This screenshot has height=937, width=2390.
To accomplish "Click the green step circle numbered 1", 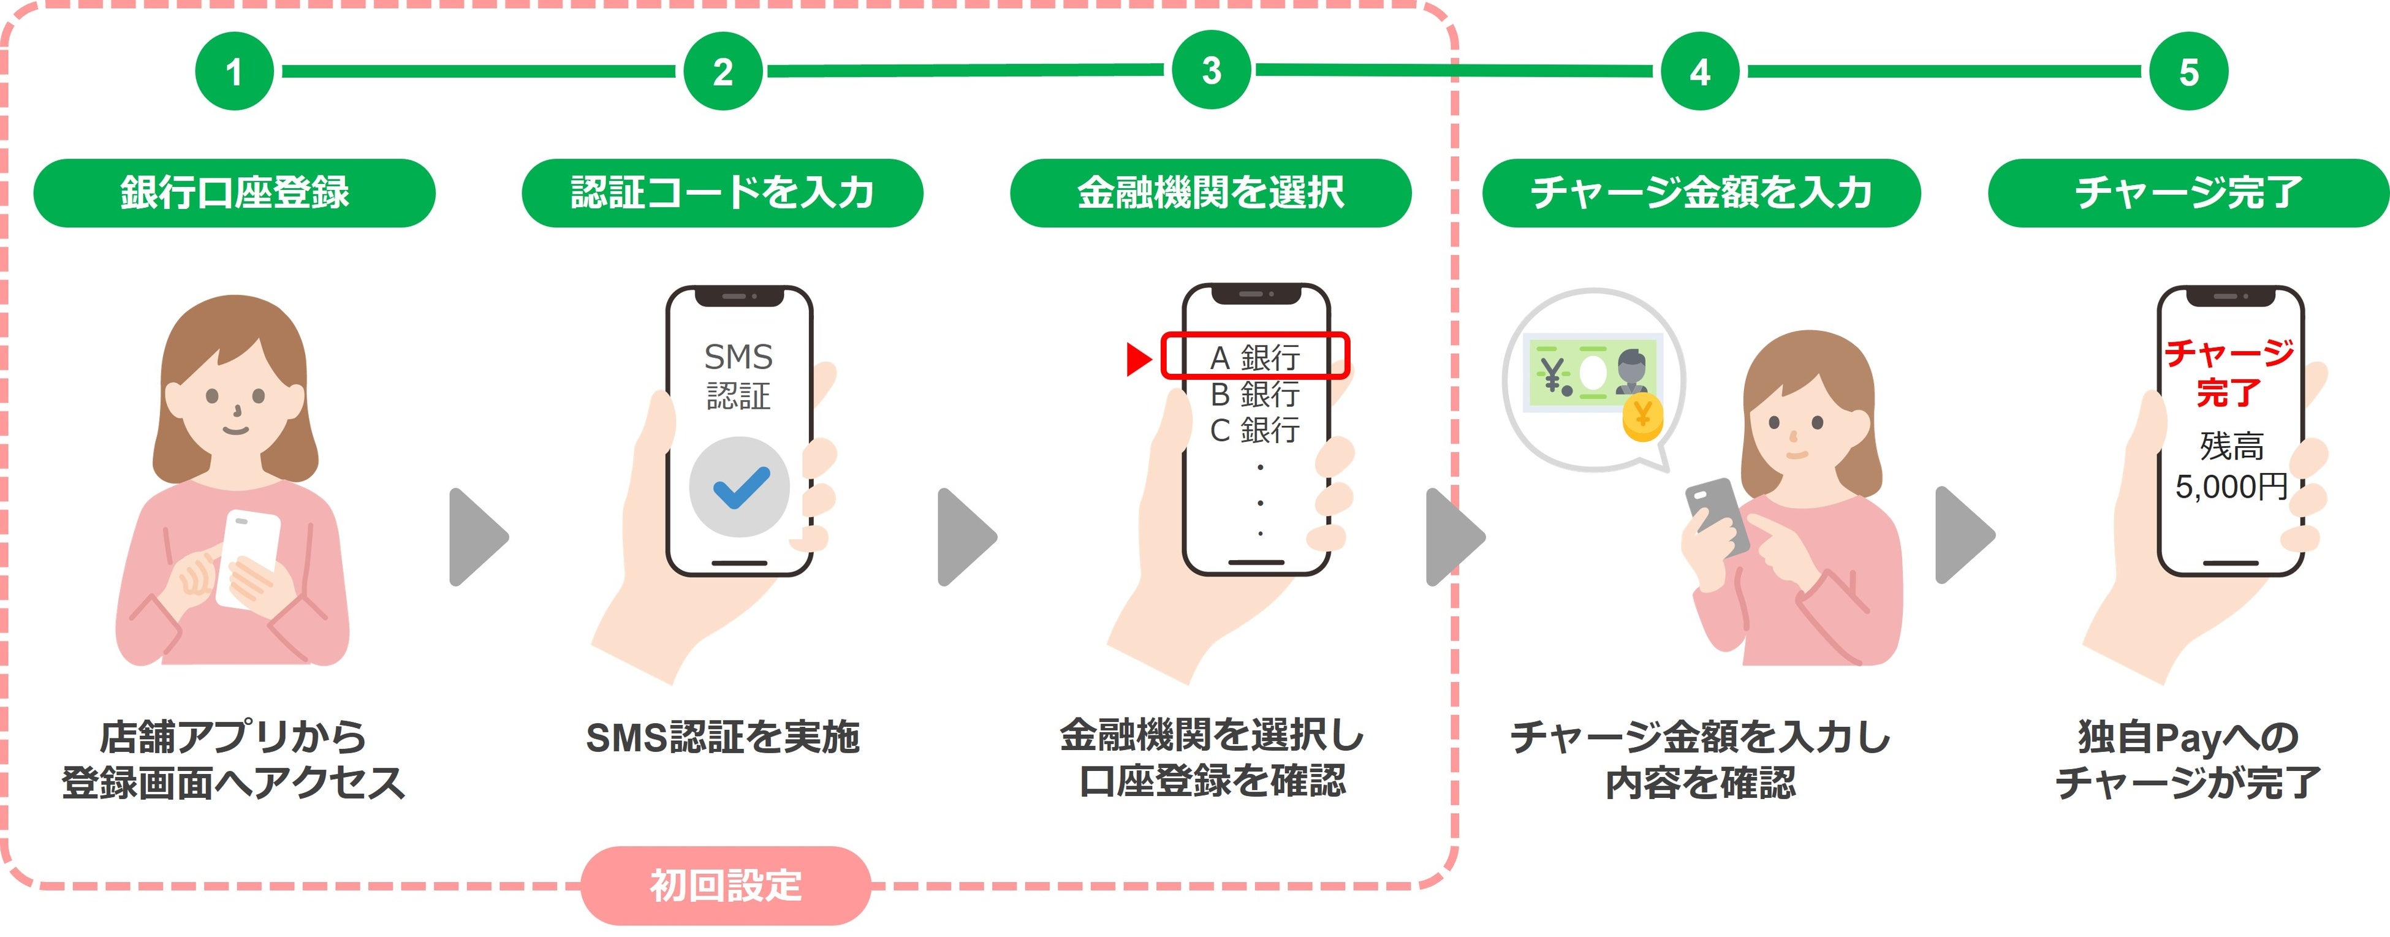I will [x=234, y=72].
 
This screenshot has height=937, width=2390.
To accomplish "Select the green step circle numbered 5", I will [x=2188, y=72].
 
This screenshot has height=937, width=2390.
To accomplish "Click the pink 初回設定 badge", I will [x=726, y=884].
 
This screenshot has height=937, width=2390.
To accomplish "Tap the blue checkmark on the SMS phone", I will [x=740, y=487].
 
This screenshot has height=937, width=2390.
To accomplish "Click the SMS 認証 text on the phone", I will [x=738, y=376].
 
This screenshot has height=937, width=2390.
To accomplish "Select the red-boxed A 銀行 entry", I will [x=1255, y=356].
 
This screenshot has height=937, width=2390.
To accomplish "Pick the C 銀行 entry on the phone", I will [x=1255, y=430].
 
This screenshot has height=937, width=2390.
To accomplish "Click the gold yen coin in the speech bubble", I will [x=1642, y=417].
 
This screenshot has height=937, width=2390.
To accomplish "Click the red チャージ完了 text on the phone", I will [x=2229, y=372].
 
